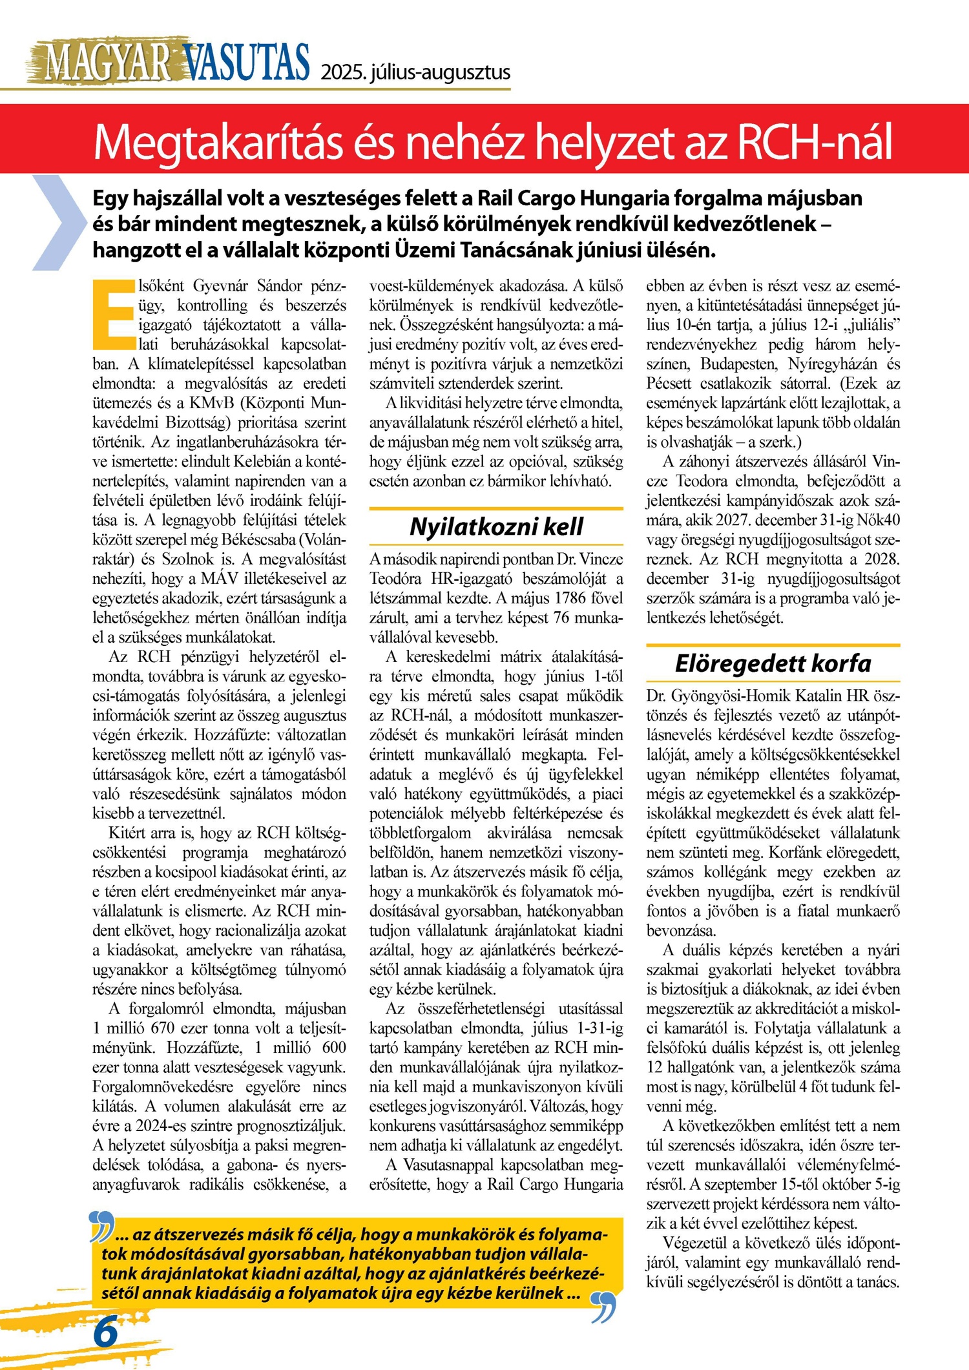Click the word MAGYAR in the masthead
pyautogui.click(x=107, y=63)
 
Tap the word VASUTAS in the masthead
pyautogui.click(x=246, y=63)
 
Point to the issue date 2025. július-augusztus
pyautogui.click(x=415, y=72)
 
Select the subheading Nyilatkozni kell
pyautogui.click(x=496, y=527)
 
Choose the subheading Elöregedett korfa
pyautogui.click(x=773, y=663)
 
